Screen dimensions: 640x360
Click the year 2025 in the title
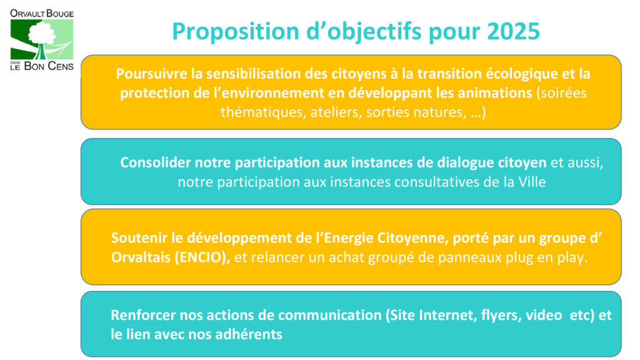coord(514,31)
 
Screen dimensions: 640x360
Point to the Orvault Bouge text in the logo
coord(42,14)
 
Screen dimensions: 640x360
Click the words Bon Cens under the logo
coord(49,66)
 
